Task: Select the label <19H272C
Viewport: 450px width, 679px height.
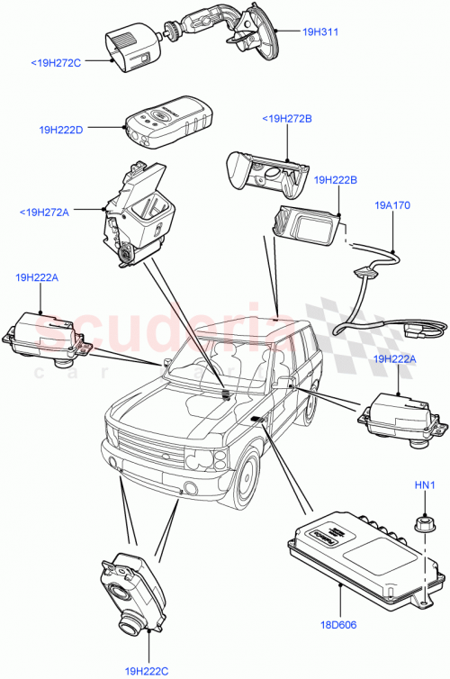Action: point(56,63)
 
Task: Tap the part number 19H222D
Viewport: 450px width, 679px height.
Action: point(61,130)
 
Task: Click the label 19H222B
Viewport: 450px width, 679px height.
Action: point(336,180)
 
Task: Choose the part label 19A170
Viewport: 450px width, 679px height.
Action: point(392,205)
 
